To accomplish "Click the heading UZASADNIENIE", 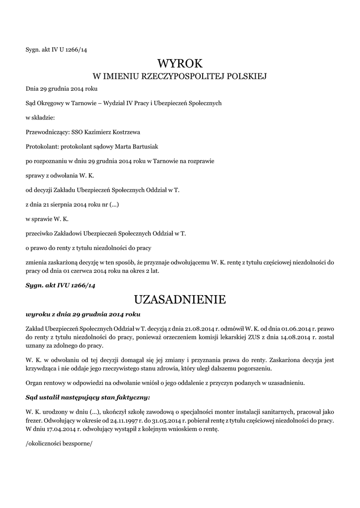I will click(x=180, y=300).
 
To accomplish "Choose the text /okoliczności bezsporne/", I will click(x=59, y=444).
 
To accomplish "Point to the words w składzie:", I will click(x=40, y=118).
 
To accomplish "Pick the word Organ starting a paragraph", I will click(x=34, y=383).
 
